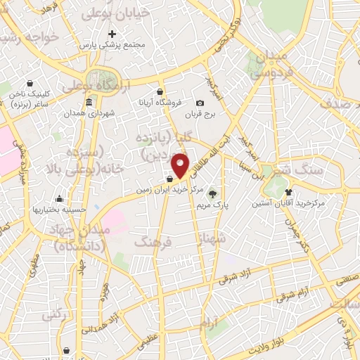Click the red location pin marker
(181, 165)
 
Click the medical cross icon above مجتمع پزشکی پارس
(111, 34)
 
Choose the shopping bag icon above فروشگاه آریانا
(160, 91)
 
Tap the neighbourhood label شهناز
(213, 239)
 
